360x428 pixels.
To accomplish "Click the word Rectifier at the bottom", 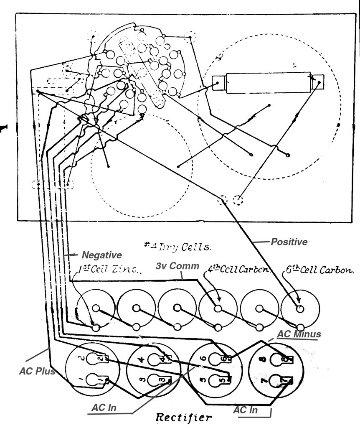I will coord(183,417).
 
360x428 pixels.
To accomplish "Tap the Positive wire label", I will coord(289,242).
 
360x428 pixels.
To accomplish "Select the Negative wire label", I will coord(101,255).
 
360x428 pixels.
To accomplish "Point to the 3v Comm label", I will coord(177,266).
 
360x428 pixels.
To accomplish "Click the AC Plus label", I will coord(37,372).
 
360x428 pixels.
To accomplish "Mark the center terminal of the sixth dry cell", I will coord(299,308).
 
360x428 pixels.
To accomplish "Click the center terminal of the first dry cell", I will coord(96,308).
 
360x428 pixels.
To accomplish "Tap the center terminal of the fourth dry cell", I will coord(218,308).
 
